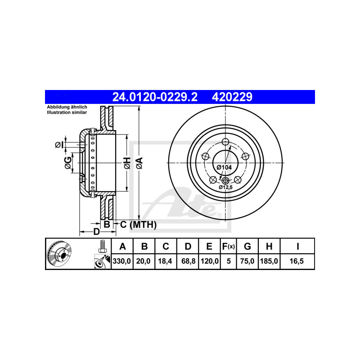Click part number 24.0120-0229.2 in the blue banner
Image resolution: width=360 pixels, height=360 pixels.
(x=155, y=97)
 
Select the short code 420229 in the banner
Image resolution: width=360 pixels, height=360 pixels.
(x=232, y=97)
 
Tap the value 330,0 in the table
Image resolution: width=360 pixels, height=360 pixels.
(x=121, y=261)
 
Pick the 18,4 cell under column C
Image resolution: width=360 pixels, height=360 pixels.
(x=165, y=261)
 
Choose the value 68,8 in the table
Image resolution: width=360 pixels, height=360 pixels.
(x=188, y=261)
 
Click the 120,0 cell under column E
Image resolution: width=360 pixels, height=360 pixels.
(x=210, y=261)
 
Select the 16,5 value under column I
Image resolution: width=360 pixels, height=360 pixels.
(x=297, y=261)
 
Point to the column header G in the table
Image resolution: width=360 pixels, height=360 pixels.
(x=247, y=246)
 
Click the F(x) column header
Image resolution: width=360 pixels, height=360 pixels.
(x=229, y=246)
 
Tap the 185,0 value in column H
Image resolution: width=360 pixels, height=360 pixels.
(x=269, y=261)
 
